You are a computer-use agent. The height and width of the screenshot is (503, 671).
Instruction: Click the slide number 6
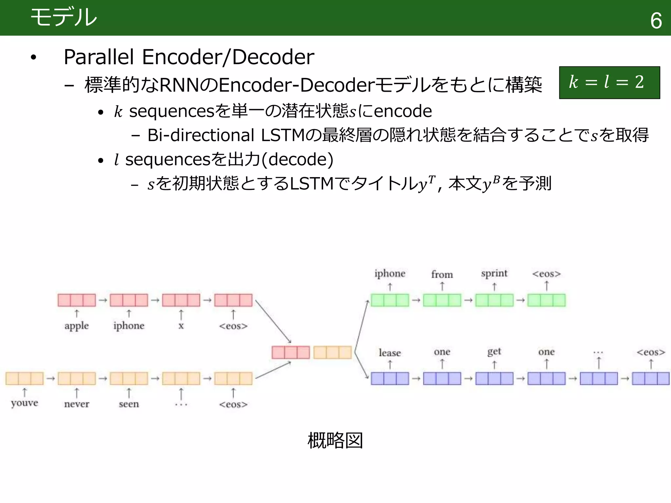pyautogui.click(x=656, y=21)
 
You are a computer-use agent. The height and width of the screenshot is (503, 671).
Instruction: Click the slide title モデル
pyautogui.click(x=64, y=17)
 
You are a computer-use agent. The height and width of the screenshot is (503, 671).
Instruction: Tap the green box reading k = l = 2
pyautogui.click(x=609, y=83)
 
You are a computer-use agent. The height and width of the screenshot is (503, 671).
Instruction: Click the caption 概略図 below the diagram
pyautogui.click(x=335, y=440)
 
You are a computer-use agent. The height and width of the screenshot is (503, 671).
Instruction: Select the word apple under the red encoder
pyautogui.click(x=76, y=326)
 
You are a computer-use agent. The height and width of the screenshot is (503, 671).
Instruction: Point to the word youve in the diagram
pyautogui.click(x=24, y=403)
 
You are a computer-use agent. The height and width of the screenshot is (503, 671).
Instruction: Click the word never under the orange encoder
pyautogui.click(x=76, y=404)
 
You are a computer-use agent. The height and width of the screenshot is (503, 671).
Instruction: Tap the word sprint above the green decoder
pyautogui.click(x=494, y=273)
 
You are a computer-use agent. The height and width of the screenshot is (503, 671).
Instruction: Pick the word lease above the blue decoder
pyautogui.click(x=390, y=353)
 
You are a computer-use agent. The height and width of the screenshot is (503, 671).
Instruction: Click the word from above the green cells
pyautogui.click(x=442, y=274)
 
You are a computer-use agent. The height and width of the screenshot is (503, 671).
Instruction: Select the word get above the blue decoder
pyautogui.click(x=494, y=352)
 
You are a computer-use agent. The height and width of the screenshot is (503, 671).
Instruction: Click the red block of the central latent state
pyautogui.click(x=291, y=352)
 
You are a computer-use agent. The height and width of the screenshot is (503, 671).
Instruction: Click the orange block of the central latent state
pyautogui.click(x=332, y=352)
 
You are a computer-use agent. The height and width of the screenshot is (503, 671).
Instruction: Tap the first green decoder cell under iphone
pyautogui.click(x=390, y=300)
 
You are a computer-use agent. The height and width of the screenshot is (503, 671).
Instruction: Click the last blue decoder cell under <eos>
pyautogui.click(x=651, y=379)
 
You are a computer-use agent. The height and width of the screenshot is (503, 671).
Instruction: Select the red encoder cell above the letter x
pyautogui.click(x=181, y=300)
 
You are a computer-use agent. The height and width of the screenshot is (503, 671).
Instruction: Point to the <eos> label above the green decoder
pyautogui.click(x=546, y=274)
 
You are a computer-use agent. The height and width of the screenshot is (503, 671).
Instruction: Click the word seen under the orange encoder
pyautogui.click(x=129, y=404)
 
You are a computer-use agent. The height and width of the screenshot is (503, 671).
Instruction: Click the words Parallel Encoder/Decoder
pyautogui.click(x=189, y=57)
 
